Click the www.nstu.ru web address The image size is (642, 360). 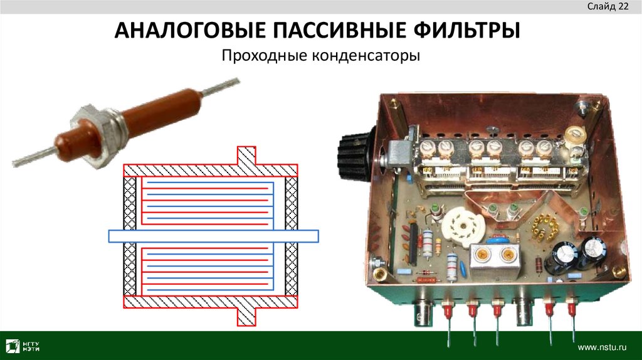(602, 346)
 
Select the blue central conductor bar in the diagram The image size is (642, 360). (213, 236)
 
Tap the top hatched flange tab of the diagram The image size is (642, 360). (245, 156)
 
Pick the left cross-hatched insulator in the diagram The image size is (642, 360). (130, 236)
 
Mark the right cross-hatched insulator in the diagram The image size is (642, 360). (292, 236)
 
